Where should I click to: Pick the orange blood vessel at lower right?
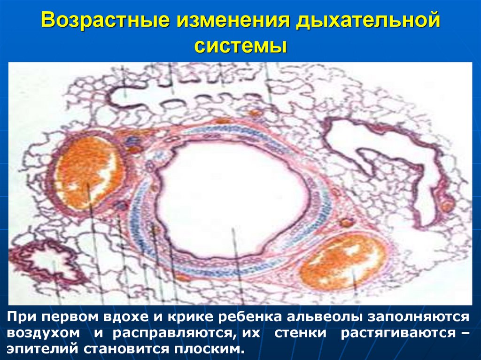[x=342, y=262]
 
